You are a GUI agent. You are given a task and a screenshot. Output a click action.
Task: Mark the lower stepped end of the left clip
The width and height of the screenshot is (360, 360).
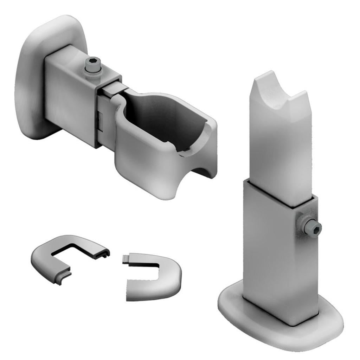click(x=63, y=278)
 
